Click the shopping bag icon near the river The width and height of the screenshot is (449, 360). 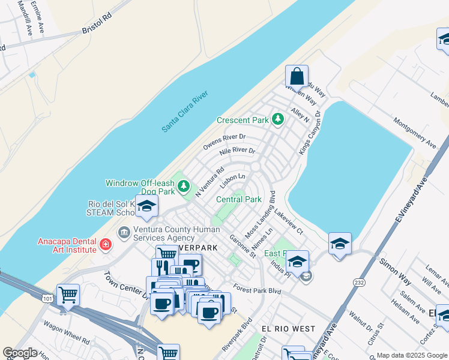(297, 77)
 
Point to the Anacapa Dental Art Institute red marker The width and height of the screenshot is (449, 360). (106, 245)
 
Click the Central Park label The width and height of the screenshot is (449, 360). (239, 199)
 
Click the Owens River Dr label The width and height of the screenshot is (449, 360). (224, 142)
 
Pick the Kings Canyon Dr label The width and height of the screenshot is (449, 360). (311, 132)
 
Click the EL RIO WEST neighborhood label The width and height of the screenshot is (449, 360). (288, 329)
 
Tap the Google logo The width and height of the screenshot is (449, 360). (20, 353)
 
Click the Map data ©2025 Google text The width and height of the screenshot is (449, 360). (412, 355)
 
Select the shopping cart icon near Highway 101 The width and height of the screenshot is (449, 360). (68, 295)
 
